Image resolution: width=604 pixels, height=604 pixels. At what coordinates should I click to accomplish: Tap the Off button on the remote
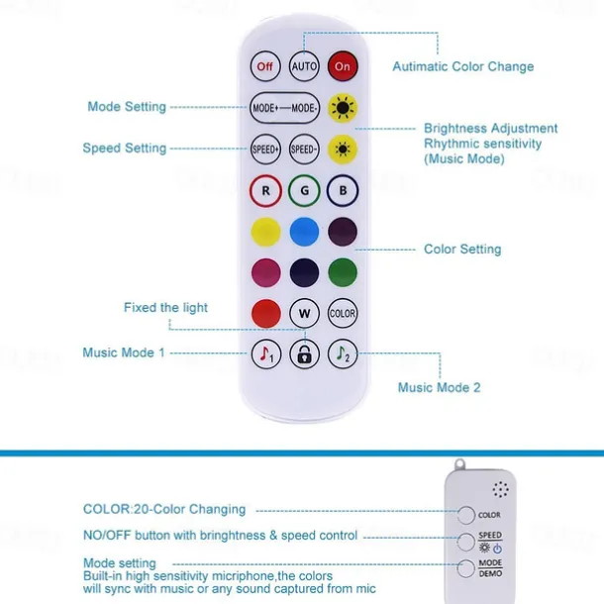click(x=265, y=66)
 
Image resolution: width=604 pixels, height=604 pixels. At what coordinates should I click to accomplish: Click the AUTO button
click(x=304, y=66)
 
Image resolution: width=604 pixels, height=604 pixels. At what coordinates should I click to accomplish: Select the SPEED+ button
click(x=266, y=149)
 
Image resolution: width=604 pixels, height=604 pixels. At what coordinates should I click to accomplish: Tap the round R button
click(x=265, y=189)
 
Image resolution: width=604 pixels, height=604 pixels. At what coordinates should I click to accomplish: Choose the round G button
click(x=304, y=189)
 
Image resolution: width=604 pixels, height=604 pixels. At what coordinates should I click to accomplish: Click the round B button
click(x=343, y=189)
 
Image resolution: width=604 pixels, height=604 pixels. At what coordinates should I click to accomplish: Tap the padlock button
click(x=304, y=353)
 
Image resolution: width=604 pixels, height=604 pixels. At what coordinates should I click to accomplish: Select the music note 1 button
click(x=265, y=353)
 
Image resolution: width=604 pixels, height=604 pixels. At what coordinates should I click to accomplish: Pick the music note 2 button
click(x=343, y=353)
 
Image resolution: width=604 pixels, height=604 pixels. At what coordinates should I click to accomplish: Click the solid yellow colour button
click(x=265, y=231)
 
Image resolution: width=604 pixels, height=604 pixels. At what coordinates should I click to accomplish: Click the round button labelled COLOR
click(x=343, y=313)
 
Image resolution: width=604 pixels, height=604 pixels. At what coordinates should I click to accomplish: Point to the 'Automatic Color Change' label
click(x=462, y=67)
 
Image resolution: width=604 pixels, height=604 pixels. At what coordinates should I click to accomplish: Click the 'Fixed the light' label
click(x=165, y=308)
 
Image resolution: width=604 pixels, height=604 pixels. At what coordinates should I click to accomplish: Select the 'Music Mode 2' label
click(x=439, y=387)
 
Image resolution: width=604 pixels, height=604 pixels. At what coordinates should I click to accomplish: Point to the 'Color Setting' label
click(x=462, y=250)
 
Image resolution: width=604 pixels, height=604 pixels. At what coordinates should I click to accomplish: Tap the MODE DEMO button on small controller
click(x=465, y=567)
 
